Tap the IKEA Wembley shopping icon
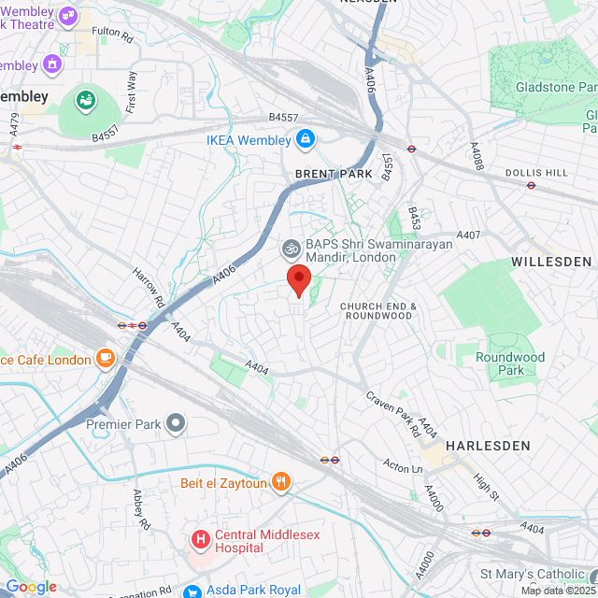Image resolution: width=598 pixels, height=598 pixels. [x=304, y=140]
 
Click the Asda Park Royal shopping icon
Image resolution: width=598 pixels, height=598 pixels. [x=192, y=591]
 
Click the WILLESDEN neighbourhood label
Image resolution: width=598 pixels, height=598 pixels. [x=551, y=262]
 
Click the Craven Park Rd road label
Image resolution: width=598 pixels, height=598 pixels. [x=392, y=414]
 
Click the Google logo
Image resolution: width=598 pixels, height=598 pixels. [x=31, y=586]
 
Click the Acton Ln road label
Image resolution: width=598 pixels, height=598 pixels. [x=404, y=464]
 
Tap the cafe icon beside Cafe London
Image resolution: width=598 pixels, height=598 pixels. [x=105, y=360]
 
